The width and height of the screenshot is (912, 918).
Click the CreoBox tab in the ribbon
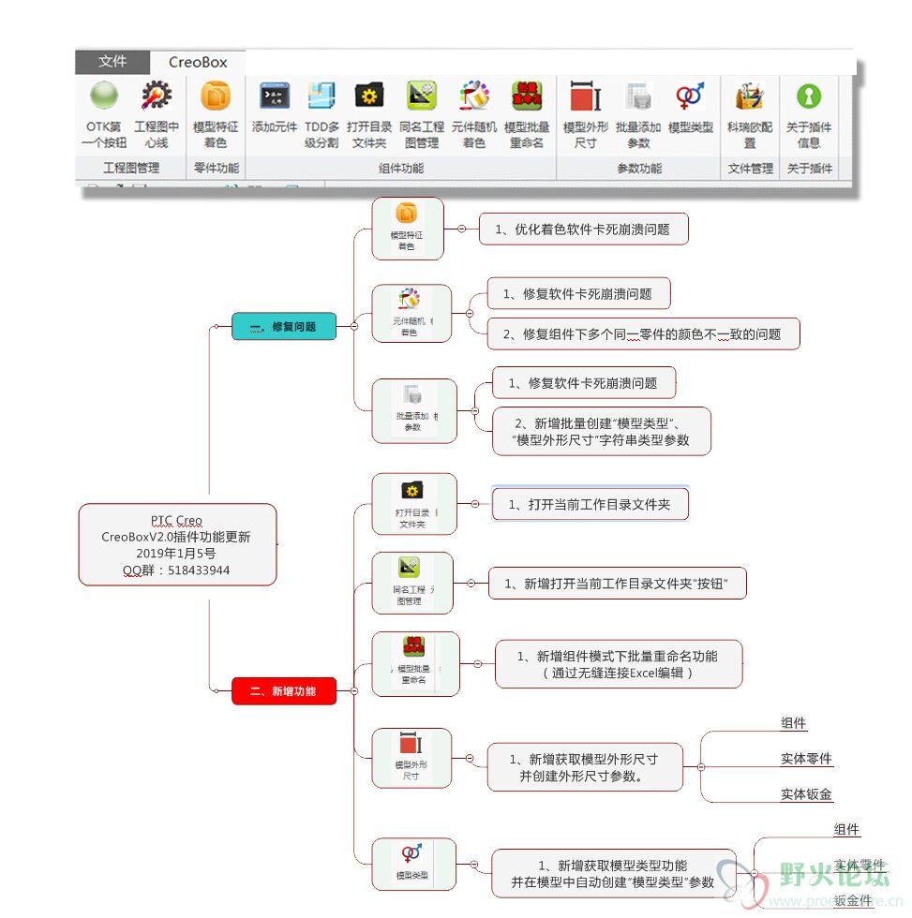pos(198,62)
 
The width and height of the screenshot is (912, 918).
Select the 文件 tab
pos(112,61)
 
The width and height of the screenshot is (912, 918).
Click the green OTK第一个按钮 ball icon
pos(104,96)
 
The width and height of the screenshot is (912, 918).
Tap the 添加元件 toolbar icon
pos(274,96)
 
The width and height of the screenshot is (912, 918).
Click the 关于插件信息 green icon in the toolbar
pos(808,96)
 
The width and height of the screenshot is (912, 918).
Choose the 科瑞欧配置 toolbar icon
pos(750,96)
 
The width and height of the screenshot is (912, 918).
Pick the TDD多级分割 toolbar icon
pos(321,96)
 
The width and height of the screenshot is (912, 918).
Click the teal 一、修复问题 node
pos(283,326)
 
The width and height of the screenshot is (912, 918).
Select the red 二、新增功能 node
pos(283,691)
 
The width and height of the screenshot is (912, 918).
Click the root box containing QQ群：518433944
pos(177,544)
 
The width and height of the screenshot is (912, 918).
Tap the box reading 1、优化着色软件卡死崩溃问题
pos(583,229)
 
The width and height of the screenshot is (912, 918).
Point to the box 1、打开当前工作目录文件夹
pos(590,504)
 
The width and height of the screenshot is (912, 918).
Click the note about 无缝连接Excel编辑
pos(618,664)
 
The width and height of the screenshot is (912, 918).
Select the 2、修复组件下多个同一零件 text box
pos(642,333)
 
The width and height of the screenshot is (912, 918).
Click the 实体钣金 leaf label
pos(806,794)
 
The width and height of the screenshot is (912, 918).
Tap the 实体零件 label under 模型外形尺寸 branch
pos(806,759)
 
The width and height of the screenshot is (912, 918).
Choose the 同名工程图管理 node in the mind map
pos(411,582)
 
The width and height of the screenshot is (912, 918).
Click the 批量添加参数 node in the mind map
pos(413,410)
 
